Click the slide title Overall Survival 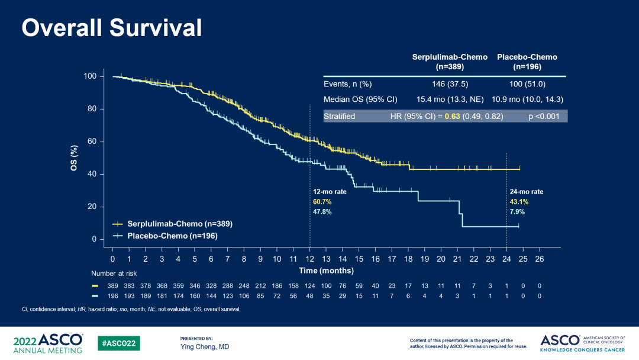111,27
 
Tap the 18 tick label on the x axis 408,259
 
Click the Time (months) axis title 326,271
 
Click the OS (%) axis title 75,157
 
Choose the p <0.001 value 544,116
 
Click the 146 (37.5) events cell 450,84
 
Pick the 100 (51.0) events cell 527,84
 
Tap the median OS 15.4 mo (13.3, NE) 450,99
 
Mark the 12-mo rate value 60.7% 322,202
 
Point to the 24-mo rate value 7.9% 517,212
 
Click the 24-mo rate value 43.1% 519,202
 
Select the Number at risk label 114,274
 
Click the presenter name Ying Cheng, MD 205,346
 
